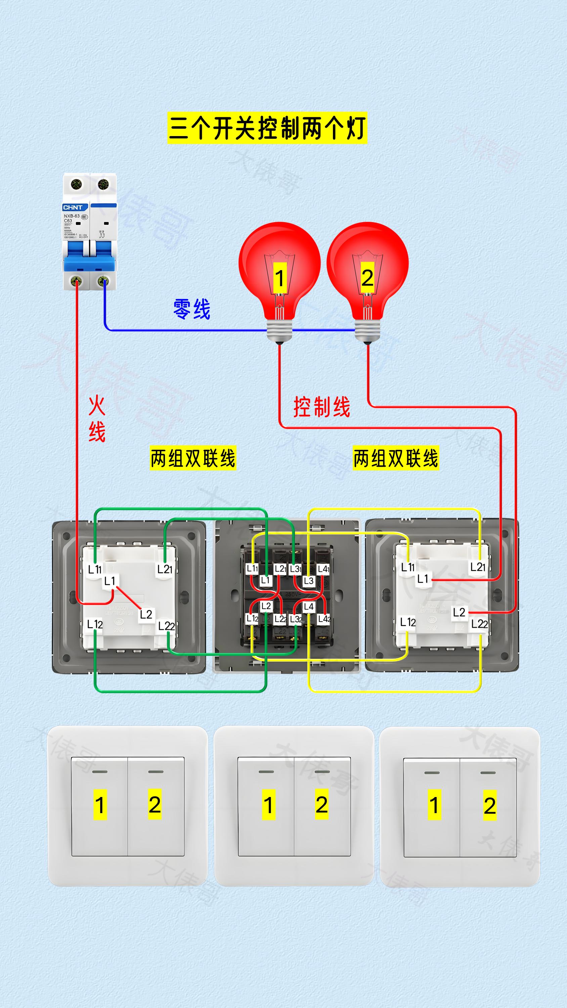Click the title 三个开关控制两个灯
click(267, 128)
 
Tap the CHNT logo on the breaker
click(73, 207)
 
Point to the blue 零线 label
click(192, 309)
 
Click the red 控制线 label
click(322, 407)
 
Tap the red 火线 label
click(97, 419)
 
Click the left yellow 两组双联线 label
click(193, 458)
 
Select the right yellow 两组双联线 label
click(396, 458)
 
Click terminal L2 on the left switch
click(145, 614)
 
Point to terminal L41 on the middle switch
click(323, 569)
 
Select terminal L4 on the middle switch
click(308, 607)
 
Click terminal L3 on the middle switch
click(308, 581)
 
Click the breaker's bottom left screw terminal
click(76, 281)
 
